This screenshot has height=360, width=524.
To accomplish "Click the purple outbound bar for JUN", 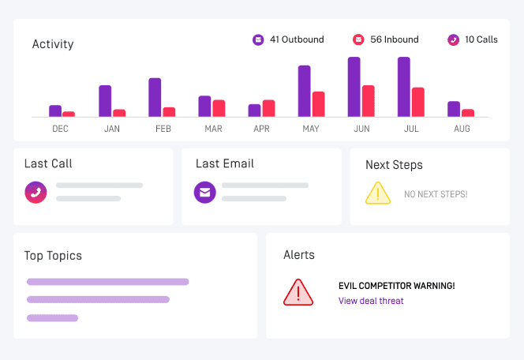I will point(354,87).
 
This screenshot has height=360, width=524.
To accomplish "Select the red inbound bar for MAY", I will point(318,104).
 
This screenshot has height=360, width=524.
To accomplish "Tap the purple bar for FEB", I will point(155,97).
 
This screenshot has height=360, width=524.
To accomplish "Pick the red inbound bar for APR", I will point(268,108).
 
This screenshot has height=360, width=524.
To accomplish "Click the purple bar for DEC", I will point(55,111).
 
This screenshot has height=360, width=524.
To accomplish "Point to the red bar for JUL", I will point(417,102).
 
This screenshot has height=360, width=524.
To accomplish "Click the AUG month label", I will point(462,129).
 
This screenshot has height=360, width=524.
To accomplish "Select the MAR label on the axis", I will point(213,129).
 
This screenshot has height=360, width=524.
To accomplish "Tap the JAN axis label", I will point(112,129).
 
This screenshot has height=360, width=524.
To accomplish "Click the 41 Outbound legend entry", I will point(289,39).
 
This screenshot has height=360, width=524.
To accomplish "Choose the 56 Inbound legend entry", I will point(386,39).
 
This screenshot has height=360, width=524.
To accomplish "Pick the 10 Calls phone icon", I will point(453,39).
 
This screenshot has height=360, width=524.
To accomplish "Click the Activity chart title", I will point(53,44).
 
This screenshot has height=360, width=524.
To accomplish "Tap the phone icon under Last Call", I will point(36,193).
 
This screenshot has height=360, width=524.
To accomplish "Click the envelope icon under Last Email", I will point(205,193).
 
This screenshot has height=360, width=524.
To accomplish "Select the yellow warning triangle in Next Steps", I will point(378,193).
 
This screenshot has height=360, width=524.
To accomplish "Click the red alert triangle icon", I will point(298,293).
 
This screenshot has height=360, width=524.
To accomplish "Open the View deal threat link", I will point(371,301).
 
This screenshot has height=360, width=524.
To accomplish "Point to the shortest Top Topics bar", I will point(52,318).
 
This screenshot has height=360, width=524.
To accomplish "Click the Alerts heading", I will point(299,255).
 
